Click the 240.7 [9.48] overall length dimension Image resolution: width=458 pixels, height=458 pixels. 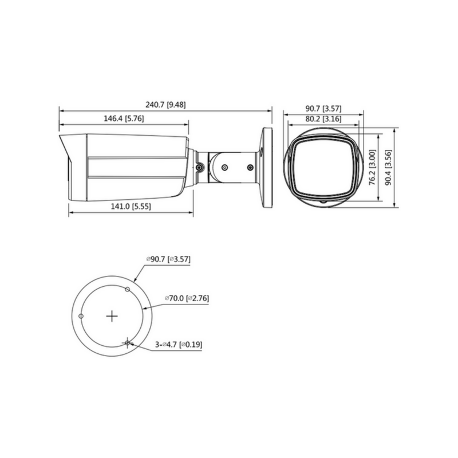point(165,104)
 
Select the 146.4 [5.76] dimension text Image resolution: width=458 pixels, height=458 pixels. point(123,119)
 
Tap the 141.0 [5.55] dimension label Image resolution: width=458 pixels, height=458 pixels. point(131,207)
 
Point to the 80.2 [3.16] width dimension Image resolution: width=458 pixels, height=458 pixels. point(323,119)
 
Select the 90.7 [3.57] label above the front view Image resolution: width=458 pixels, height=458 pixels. point(323,108)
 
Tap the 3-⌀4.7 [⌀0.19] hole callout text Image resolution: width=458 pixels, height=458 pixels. point(179,345)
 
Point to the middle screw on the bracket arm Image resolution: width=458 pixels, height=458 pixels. point(224,167)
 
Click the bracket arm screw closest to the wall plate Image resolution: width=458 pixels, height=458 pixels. point(250,167)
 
